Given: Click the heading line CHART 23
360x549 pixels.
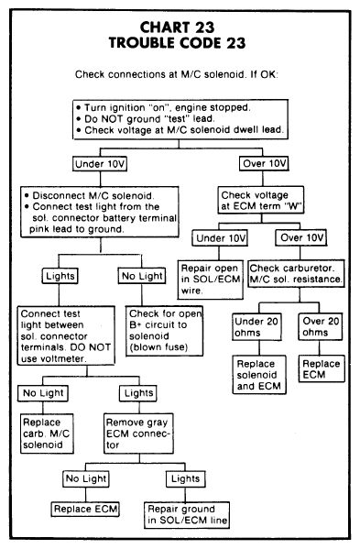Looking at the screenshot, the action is pos(177,27).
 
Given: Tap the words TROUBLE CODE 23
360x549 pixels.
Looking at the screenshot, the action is pos(177,43).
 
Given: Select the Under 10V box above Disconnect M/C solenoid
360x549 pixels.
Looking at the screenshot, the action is pos(100,164).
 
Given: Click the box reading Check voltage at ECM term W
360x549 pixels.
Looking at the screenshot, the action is pos(261,201).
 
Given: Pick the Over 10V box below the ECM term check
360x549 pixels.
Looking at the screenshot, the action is pos(300,238).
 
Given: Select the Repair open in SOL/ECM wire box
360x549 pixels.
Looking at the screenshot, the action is pos(211,280).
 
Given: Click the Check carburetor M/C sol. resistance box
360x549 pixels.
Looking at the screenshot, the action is pos(296,273).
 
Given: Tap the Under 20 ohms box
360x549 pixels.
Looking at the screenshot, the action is pos(256,326).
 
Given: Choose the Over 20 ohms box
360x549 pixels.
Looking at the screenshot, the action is pos(321,326).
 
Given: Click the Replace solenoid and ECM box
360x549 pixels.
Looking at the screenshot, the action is pos(259,375).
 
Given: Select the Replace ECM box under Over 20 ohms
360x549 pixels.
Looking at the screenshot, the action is pos(322,368).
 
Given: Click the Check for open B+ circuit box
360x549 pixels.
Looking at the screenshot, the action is pos(165,331).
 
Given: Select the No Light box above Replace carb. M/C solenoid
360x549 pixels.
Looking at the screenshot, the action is pos(43,393).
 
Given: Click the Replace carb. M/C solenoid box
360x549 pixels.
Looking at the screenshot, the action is pos(47,434).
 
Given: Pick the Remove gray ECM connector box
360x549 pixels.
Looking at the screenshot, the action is pos(138,434).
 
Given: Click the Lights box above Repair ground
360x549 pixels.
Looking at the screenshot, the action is pos(185,478).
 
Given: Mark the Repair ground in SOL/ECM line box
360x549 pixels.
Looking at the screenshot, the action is pos(187,515).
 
